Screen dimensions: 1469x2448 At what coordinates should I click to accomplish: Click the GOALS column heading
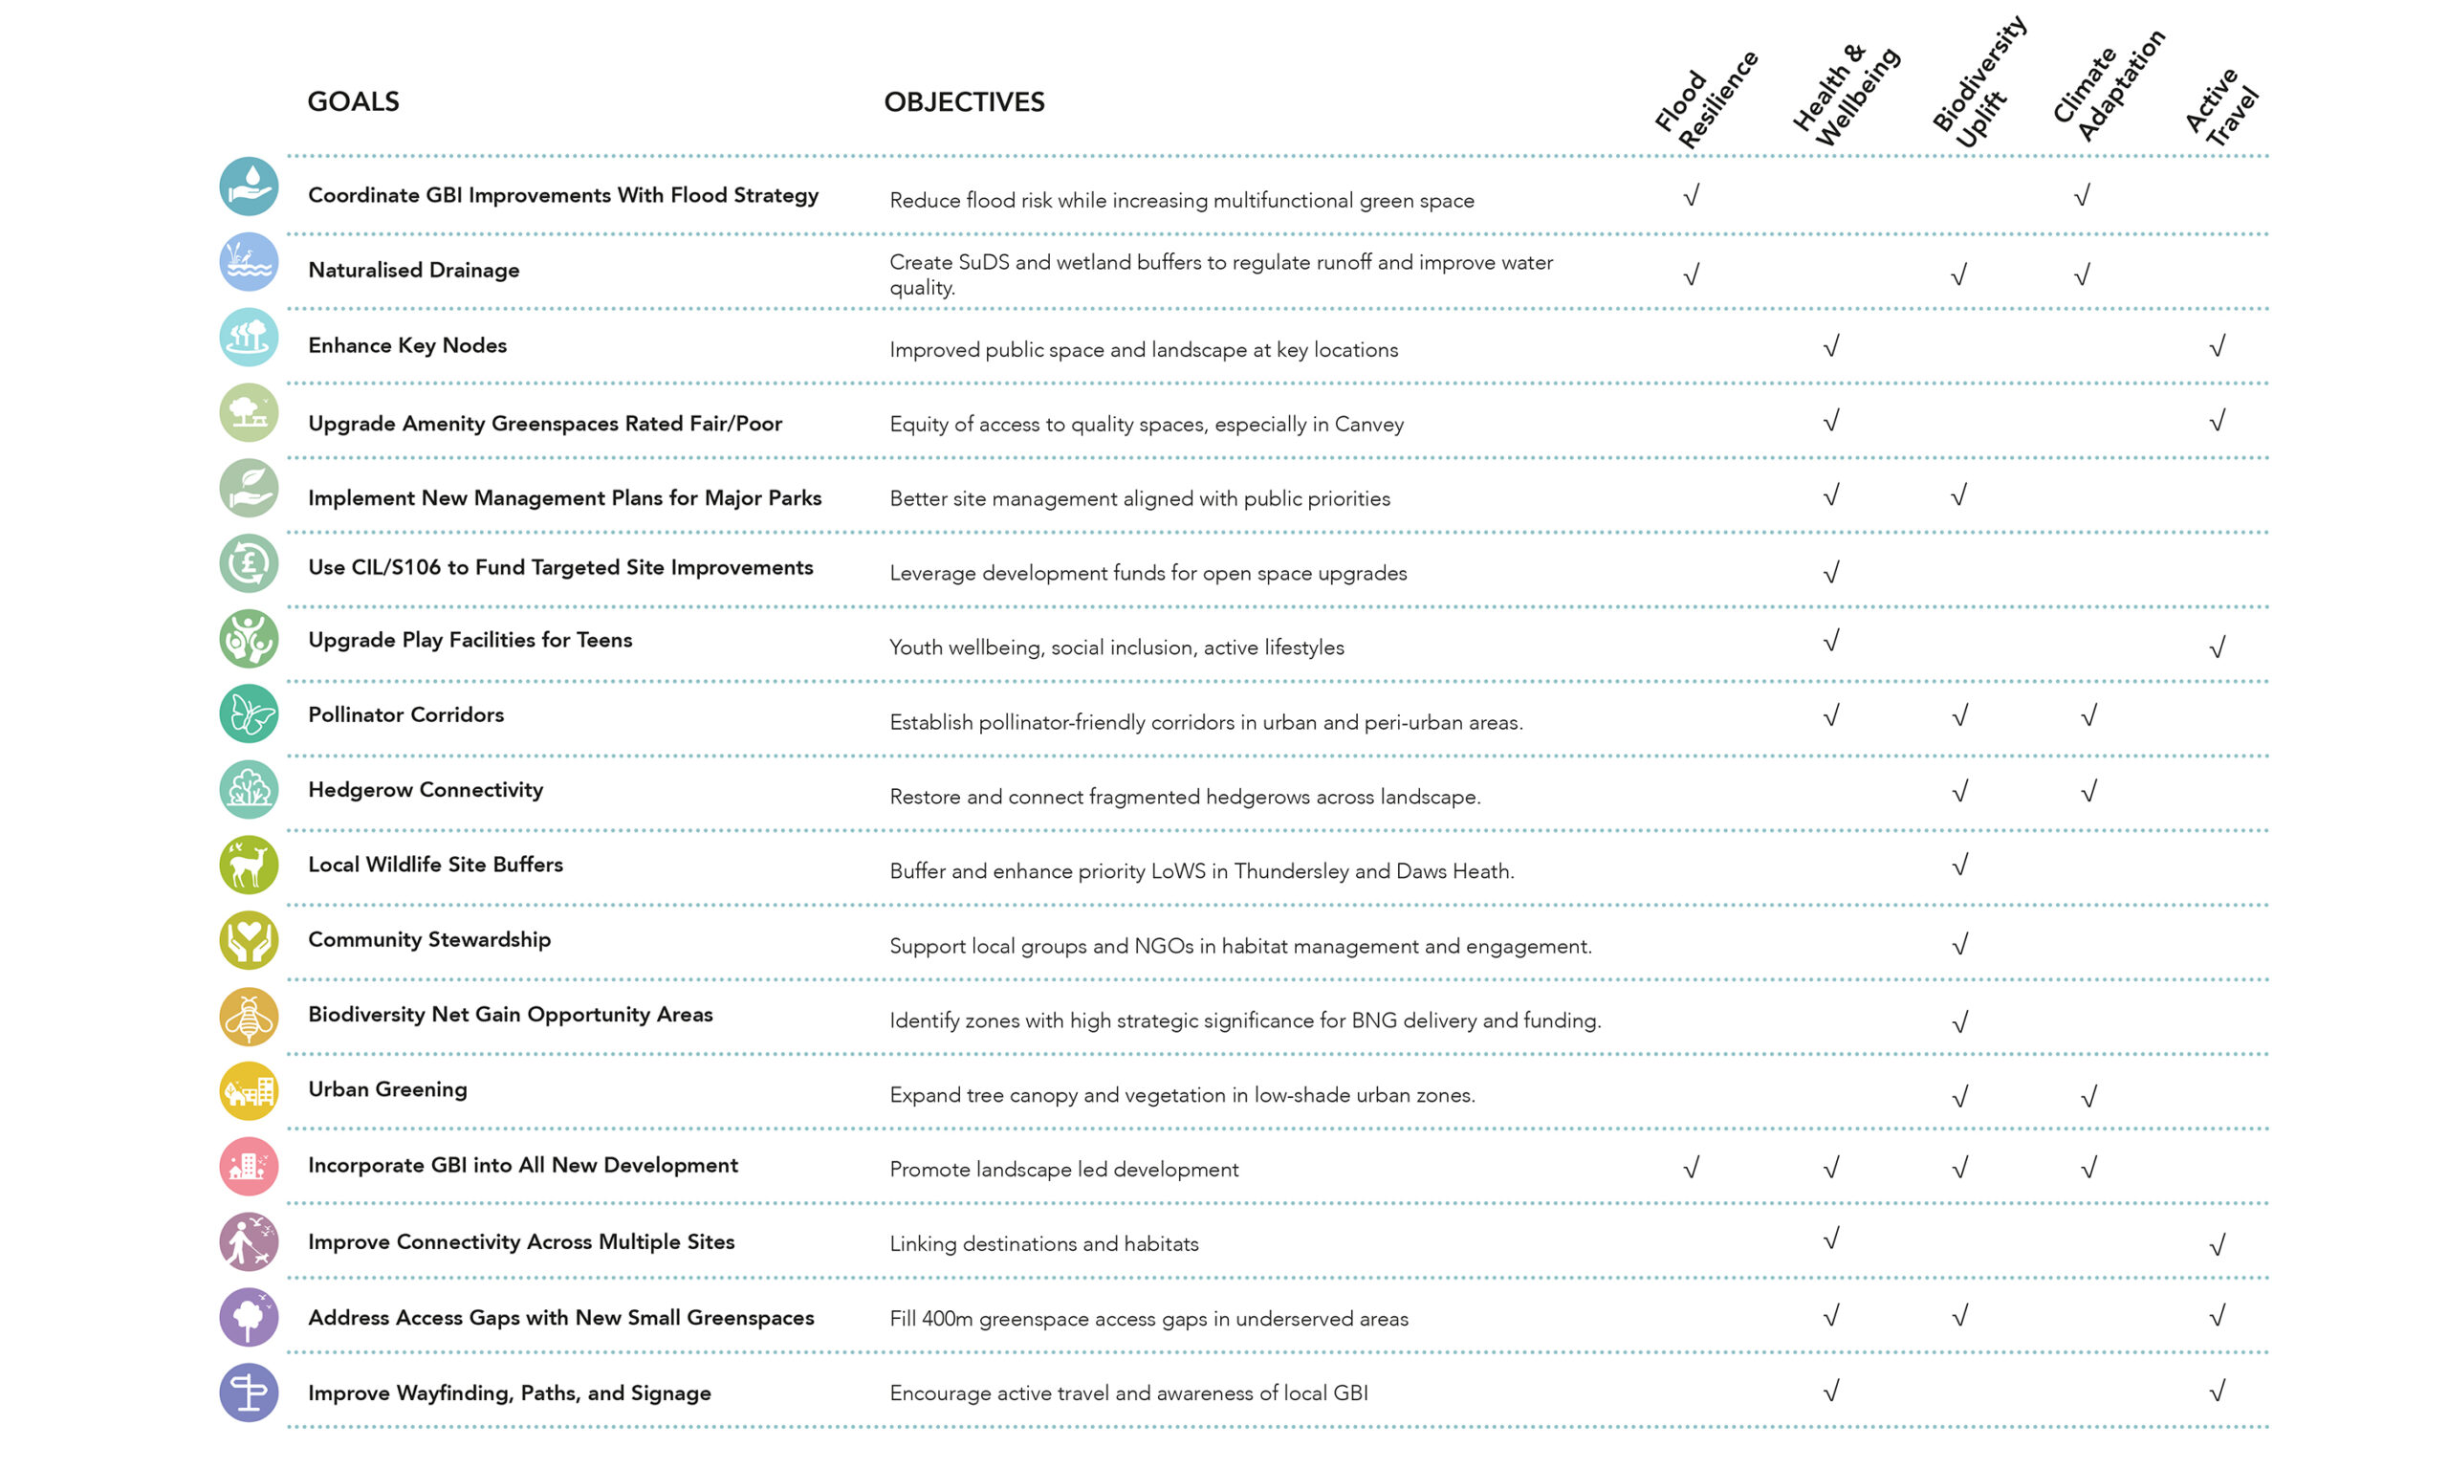pos(353,102)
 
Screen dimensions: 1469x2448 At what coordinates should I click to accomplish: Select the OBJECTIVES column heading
pos(964,102)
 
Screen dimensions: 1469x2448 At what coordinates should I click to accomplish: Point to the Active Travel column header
pos(2221,107)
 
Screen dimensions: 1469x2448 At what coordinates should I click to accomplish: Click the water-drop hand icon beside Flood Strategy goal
pos(249,186)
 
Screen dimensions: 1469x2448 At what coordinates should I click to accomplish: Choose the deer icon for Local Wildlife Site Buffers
pos(249,866)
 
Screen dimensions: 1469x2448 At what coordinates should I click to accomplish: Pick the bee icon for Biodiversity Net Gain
pos(249,1017)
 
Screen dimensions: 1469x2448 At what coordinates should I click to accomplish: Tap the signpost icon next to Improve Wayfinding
pos(249,1392)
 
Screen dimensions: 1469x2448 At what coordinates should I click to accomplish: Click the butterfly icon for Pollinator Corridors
pos(249,713)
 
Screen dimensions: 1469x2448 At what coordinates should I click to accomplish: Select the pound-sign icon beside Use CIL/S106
pos(249,564)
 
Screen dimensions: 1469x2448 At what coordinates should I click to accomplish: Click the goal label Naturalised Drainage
pos(414,271)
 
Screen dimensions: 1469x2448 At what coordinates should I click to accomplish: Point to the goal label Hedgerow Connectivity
pos(426,790)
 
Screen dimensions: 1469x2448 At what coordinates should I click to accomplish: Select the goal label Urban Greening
pos(388,1090)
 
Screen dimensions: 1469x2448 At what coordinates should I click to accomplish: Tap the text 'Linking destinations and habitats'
pos(1044,1244)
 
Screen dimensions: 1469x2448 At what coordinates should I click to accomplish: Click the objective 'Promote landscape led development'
pos(1063,1170)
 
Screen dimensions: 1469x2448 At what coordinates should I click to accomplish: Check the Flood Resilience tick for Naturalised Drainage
pos(1692,274)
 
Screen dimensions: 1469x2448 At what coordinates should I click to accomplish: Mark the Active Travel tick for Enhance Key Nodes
pos(2218,345)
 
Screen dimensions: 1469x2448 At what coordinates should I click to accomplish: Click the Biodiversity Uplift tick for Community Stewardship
pos(1960,944)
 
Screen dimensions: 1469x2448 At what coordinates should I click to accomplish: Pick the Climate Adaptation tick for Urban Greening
pos(2088,1097)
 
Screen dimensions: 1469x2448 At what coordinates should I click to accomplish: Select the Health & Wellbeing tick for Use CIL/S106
pos(1831,572)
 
